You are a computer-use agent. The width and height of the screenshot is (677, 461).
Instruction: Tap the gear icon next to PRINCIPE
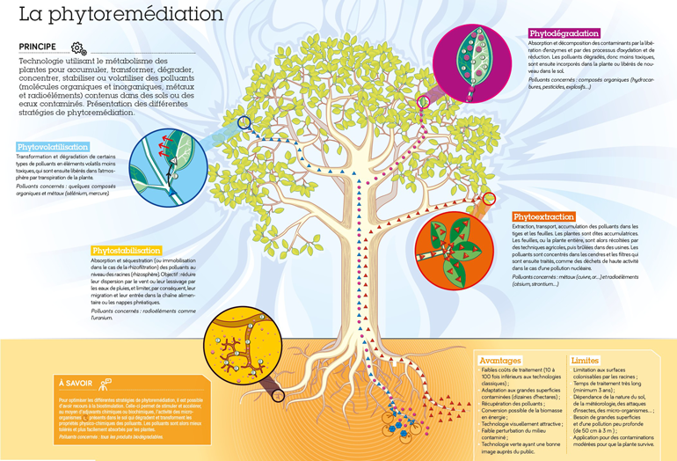click(x=78, y=48)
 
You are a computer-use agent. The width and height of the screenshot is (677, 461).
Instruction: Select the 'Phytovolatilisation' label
click(x=53, y=147)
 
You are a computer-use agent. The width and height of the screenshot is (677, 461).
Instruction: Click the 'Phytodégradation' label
click(x=564, y=33)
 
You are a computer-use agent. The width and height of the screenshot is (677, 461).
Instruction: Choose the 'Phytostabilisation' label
click(x=127, y=251)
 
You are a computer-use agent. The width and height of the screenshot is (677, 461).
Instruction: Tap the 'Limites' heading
click(x=585, y=361)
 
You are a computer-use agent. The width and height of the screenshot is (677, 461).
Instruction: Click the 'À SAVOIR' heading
click(x=74, y=384)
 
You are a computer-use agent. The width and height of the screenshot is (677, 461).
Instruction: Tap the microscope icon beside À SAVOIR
click(x=106, y=384)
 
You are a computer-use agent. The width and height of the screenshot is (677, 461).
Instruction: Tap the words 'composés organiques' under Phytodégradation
click(x=598, y=79)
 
